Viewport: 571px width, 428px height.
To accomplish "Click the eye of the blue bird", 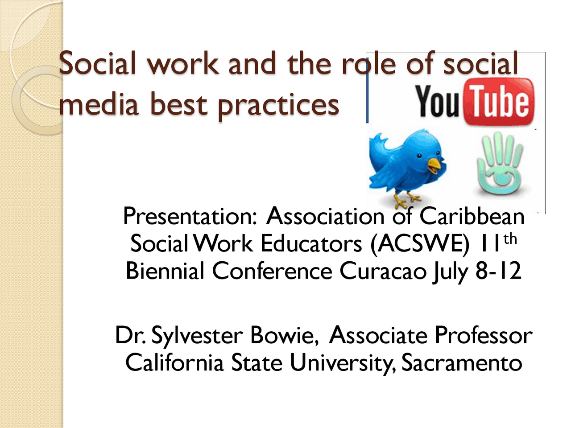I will coord(419,156).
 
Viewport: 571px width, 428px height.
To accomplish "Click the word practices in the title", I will coord(278,106).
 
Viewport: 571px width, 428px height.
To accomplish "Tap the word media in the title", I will coord(99,105).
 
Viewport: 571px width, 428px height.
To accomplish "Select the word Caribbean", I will coord(472,216).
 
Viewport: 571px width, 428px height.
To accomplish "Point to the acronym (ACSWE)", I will coord(420,244).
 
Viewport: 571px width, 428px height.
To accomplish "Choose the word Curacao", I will coord(383,271).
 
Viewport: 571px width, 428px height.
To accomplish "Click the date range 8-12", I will coord(498,271).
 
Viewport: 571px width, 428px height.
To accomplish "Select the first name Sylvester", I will coord(196,336).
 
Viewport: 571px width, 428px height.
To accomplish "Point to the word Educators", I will coord(311,244).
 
